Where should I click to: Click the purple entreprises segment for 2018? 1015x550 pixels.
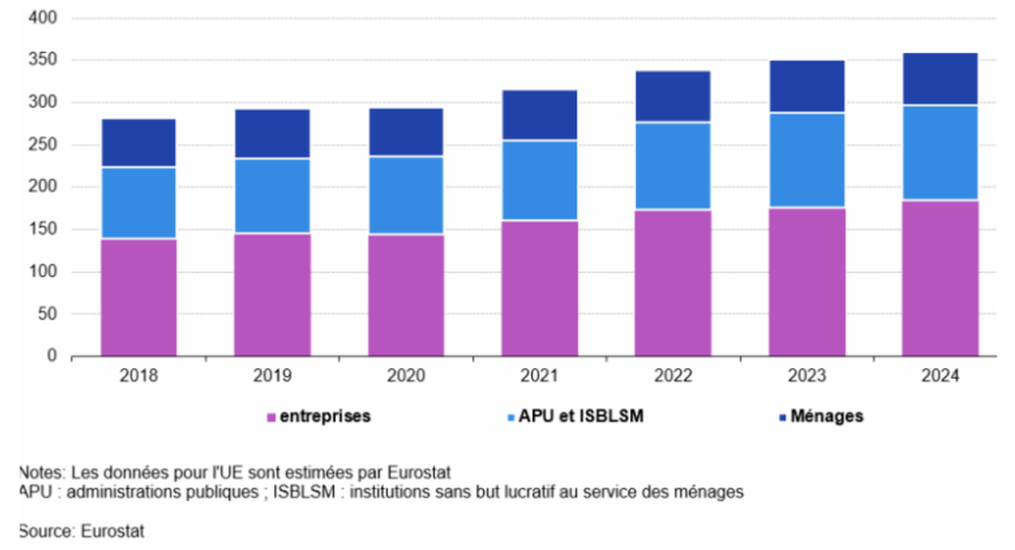point(138,297)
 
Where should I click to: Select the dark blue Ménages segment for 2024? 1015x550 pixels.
point(941,78)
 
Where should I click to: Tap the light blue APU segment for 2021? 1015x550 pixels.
point(540,180)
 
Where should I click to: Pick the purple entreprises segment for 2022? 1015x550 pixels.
point(673,282)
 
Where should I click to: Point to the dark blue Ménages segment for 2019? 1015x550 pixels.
point(272,133)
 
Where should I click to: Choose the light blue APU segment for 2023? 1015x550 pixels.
point(806,160)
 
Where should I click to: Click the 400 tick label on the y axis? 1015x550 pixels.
point(45,18)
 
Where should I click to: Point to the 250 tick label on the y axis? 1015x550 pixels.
point(45,145)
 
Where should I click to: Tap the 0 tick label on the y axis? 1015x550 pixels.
point(53,356)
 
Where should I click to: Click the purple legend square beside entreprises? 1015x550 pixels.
point(271,418)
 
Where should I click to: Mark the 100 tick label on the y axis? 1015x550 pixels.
point(45,271)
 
